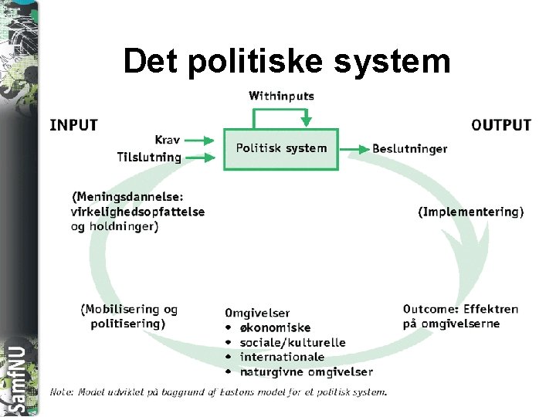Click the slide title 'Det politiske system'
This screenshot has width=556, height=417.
click(286, 61)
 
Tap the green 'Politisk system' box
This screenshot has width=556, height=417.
click(281, 148)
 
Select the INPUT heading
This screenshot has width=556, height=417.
click(74, 125)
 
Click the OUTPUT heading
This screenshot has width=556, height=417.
click(501, 125)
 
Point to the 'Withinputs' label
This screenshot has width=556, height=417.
click(281, 97)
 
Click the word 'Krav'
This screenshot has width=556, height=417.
click(168, 140)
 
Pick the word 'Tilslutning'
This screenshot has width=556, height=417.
click(149, 157)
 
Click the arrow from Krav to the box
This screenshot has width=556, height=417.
click(199, 141)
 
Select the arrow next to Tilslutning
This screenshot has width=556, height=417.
click(199, 158)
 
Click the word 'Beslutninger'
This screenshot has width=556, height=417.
click(409, 148)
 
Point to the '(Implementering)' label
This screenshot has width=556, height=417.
click(471, 211)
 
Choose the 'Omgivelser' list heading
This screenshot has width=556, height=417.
click(257, 313)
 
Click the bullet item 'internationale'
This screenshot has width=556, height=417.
click(282, 357)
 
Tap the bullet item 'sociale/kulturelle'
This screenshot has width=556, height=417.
click(293, 342)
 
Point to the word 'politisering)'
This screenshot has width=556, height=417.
click(127, 324)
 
